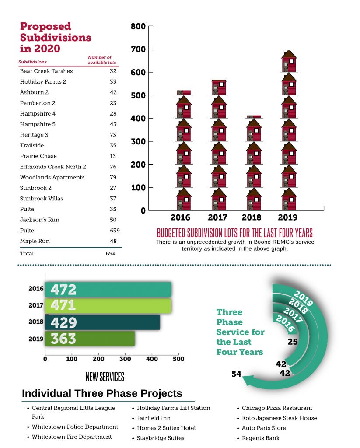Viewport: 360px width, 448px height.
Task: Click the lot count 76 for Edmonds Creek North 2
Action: [x=114, y=167]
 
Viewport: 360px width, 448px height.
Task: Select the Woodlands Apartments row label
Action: [x=52, y=177]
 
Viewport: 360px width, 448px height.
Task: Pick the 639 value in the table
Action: [x=115, y=231]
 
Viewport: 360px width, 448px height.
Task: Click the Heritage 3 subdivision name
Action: [x=34, y=135]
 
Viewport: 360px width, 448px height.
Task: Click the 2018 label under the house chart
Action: [x=252, y=217]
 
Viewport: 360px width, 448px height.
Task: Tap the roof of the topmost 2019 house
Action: [x=289, y=55]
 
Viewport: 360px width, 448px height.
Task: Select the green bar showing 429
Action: [x=102, y=322]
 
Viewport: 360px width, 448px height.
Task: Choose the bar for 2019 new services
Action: [x=90, y=339]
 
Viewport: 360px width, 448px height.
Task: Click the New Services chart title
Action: [x=105, y=377]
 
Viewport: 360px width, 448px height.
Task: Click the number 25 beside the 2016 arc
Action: [x=293, y=342]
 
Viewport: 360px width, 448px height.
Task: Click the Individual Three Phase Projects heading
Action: [x=102, y=393]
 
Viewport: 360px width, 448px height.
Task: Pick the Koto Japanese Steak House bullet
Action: [x=279, y=418]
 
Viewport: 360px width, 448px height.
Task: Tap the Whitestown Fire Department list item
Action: [x=71, y=437]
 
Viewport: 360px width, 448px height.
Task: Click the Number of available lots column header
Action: [x=100, y=60]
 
